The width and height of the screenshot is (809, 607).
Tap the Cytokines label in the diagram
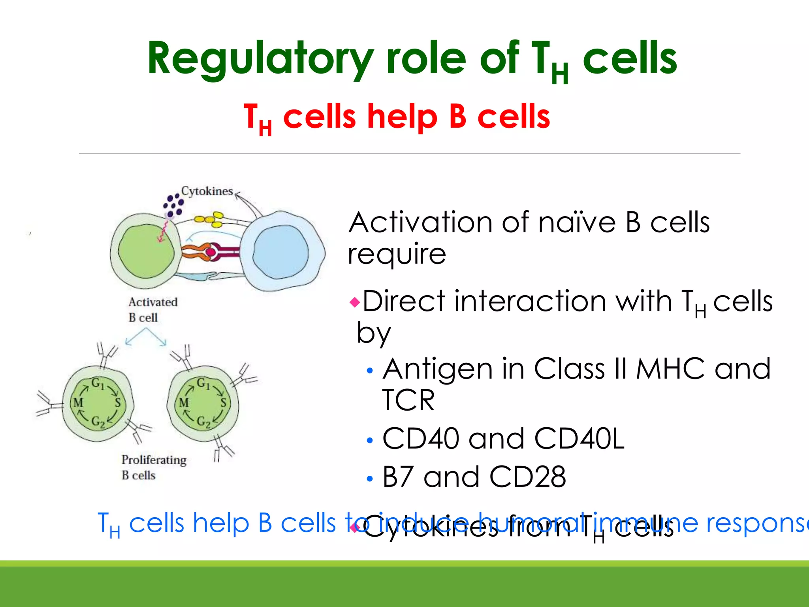[207, 191]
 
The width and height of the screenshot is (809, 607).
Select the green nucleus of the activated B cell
[146, 251]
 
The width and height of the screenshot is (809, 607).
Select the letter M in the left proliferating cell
[78, 403]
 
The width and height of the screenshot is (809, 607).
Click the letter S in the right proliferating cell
[223, 403]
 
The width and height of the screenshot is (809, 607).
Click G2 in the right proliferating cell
[204, 422]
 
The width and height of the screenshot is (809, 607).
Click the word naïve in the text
[577, 222]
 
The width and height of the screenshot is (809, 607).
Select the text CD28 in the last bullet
[527, 477]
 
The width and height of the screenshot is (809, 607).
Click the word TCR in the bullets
[408, 400]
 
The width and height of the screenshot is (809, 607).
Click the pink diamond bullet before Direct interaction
[355, 303]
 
